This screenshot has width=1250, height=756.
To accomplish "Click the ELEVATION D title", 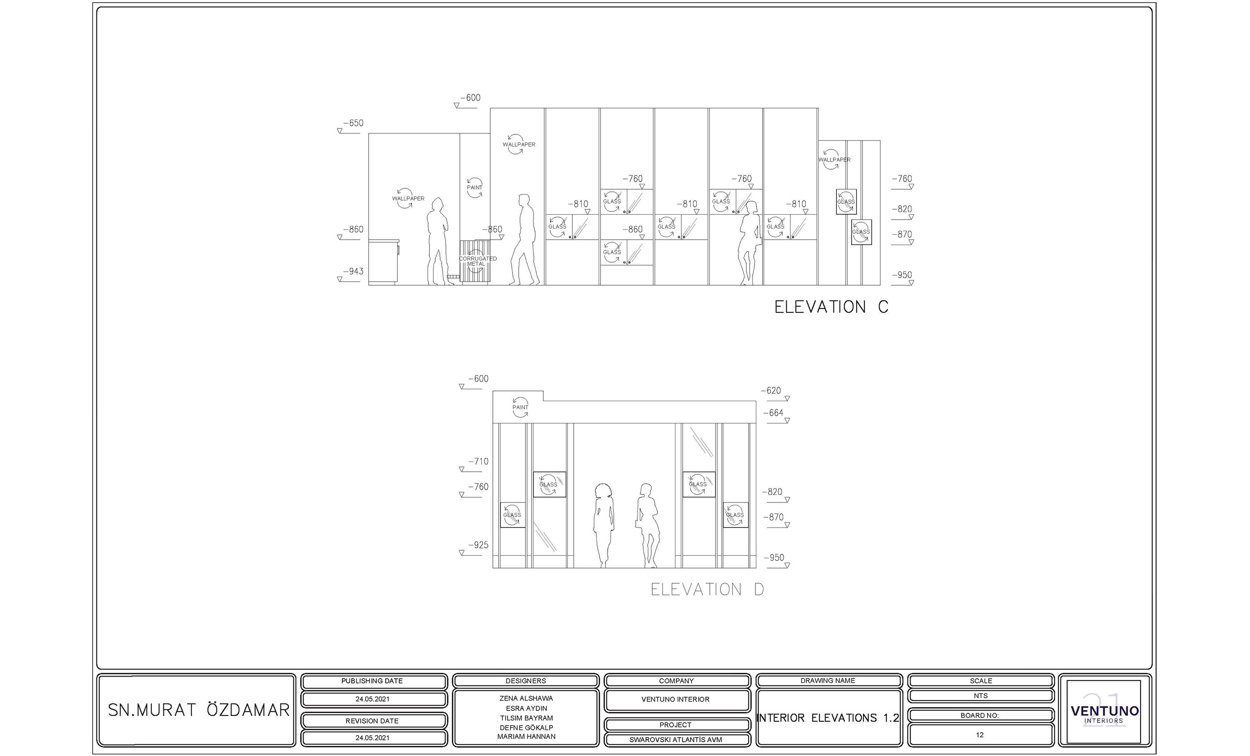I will point(707,589).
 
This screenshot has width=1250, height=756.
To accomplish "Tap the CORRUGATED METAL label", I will point(477,261).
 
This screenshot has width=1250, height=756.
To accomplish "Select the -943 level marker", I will point(353,272).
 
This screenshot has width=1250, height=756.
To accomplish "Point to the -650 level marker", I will point(353,123).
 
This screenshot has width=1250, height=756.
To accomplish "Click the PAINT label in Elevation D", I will point(520,407).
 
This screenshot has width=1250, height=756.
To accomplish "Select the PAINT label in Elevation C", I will point(474,187).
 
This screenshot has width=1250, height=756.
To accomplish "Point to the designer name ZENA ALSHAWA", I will point(526,698).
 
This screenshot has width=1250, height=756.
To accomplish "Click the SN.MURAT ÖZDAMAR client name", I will point(198,710).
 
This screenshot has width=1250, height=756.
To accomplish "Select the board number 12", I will point(979,735).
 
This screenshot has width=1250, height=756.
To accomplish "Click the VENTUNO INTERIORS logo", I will point(1104,712).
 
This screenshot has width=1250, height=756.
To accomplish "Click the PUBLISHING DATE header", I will point(372,681).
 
